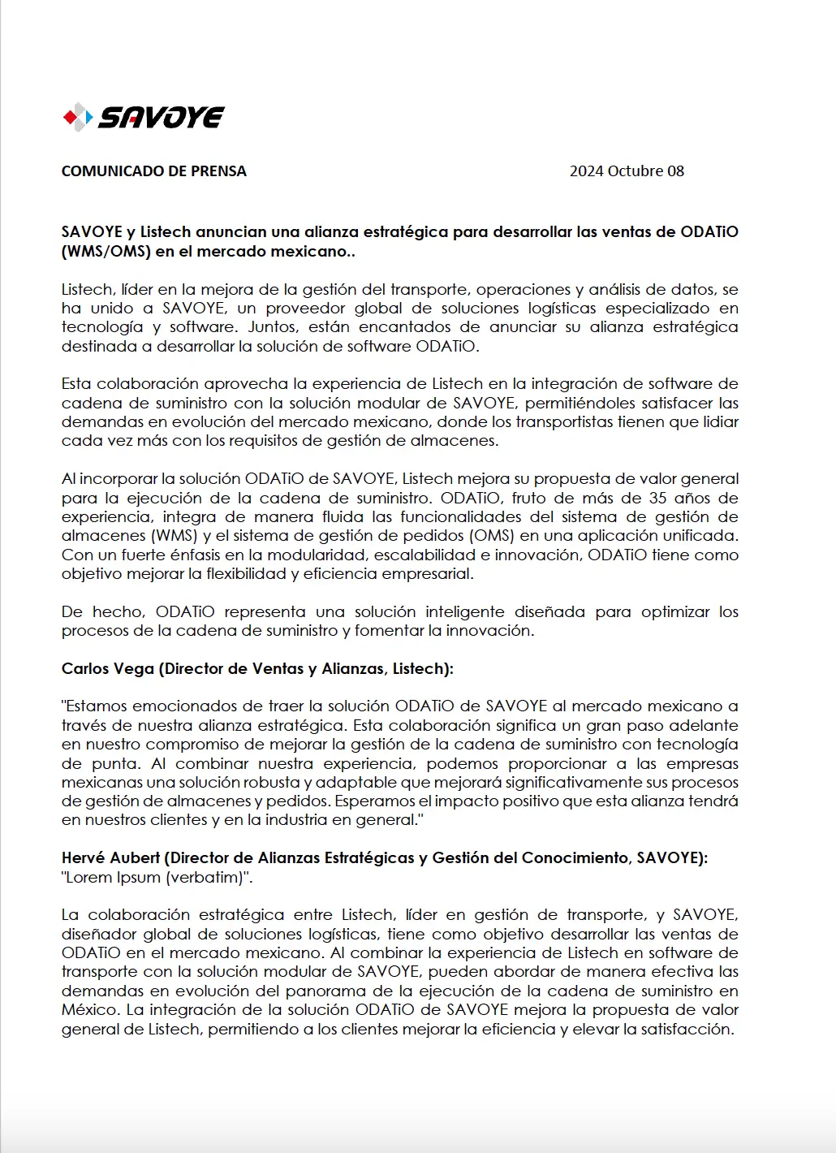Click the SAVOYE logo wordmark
tap(161, 118)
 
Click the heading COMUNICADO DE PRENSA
tap(153, 171)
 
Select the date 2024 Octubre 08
tap(626, 171)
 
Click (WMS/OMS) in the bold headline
tap(106, 252)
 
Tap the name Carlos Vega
tap(107, 669)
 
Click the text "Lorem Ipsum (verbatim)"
tap(157, 878)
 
